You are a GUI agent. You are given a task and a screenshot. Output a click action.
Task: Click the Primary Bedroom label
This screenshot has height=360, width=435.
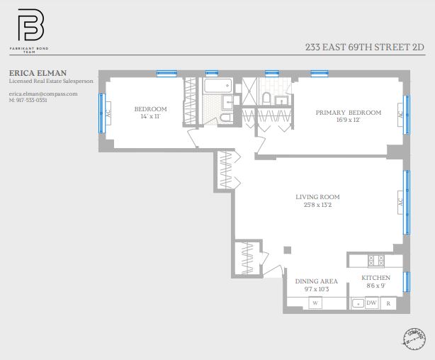pyautogui.click(x=348, y=113)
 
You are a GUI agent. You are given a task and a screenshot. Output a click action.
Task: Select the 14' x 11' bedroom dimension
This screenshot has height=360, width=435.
pyautogui.click(x=150, y=116)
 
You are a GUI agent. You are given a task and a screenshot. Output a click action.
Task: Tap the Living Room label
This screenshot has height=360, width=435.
pyautogui.click(x=317, y=197)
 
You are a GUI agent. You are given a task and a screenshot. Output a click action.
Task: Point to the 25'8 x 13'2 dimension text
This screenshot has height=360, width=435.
pyautogui.click(x=317, y=206)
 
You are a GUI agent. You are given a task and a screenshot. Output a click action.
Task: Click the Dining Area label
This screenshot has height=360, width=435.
pyautogui.click(x=316, y=281)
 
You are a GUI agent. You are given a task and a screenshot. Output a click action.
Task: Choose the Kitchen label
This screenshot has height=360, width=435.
pyautogui.click(x=375, y=278)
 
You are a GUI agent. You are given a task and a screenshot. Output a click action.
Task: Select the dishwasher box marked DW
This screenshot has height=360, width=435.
pyautogui.click(x=371, y=303)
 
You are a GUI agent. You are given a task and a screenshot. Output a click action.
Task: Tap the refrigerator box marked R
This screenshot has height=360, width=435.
pyautogui.click(x=388, y=303)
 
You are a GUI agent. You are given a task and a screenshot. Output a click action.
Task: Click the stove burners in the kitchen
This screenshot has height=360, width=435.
pyautogui.click(x=375, y=259)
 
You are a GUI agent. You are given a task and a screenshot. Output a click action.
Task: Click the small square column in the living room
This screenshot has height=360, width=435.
pyautogui.click(x=286, y=249)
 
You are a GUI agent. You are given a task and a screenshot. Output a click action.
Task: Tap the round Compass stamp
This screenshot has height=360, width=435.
pyautogui.click(x=414, y=338)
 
